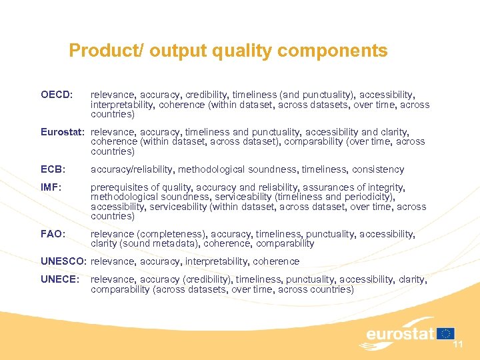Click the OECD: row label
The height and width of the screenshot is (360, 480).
57,95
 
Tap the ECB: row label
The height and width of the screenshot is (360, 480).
53,169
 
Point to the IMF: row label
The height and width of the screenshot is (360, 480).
51,188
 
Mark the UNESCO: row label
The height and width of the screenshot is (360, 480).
64,261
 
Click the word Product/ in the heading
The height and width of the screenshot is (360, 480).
107,51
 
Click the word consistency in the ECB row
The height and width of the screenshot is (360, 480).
378,169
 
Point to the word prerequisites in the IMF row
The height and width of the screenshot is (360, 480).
117,188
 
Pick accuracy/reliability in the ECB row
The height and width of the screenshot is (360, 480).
130,169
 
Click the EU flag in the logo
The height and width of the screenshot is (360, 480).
446,334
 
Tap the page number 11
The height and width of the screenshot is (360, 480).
458,344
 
